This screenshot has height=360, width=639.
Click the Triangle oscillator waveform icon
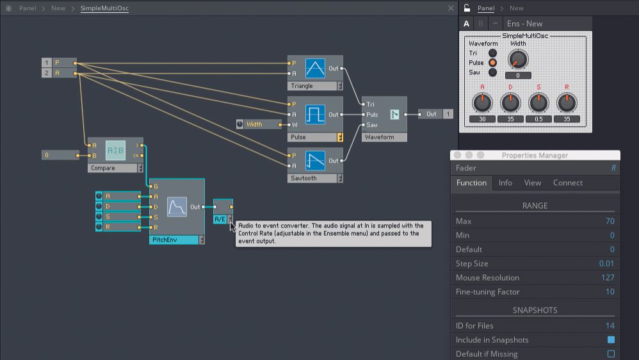pyautogui.click(x=315, y=69)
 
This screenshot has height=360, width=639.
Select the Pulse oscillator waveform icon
pyautogui.click(x=315, y=115)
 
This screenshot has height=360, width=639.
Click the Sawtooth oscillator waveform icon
pyautogui.click(x=315, y=160)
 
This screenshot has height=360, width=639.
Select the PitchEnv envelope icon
pyautogui.click(x=177, y=207)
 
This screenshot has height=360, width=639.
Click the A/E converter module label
pyautogui.click(x=220, y=219)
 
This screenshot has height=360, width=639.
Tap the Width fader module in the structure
pyautogui.click(x=259, y=124)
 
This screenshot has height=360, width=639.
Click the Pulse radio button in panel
pyautogui.click(x=492, y=63)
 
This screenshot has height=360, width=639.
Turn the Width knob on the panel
pyautogui.click(x=518, y=60)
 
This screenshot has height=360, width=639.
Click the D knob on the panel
pyautogui.click(x=510, y=102)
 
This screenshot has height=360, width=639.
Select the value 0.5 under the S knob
pyautogui.click(x=538, y=119)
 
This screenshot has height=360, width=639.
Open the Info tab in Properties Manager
pyautogui.click(x=505, y=183)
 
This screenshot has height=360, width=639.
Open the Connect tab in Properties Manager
pyautogui.click(x=567, y=183)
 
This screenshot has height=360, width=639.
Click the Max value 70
pyautogui.click(x=610, y=221)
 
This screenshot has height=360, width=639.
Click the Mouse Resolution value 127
pyautogui.click(x=608, y=277)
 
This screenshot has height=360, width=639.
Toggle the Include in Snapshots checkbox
pyautogui.click(x=610, y=340)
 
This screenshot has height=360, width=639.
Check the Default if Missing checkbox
pyautogui.click(x=610, y=354)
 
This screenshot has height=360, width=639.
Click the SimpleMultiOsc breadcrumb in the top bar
pyautogui.click(x=104, y=8)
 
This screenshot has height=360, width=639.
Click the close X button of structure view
pyautogui.click(x=451, y=8)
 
